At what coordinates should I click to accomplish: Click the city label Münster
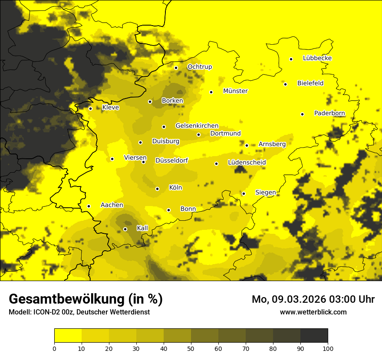(235, 91)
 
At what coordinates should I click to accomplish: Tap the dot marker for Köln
(158, 189)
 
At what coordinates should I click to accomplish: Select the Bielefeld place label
(310, 83)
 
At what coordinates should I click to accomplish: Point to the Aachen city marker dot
(89, 206)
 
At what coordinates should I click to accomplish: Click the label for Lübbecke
(317, 58)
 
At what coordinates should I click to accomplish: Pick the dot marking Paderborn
(302, 114)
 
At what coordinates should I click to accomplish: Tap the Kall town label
(142, 228)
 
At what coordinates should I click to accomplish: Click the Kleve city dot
(90, 108)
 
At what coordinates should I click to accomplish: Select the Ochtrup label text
(200, 67)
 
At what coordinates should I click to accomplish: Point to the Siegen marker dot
(244, 193)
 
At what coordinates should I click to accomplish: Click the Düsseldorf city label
(171, 160)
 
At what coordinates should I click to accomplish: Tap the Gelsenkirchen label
(197, 126)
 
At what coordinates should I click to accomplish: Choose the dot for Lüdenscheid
(216, 164)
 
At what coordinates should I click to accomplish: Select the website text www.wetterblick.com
(313, 312)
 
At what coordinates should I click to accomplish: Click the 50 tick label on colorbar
(191, 348)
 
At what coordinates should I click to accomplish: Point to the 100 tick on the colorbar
(328, 348)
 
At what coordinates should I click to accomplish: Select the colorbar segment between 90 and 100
(314, 336)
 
